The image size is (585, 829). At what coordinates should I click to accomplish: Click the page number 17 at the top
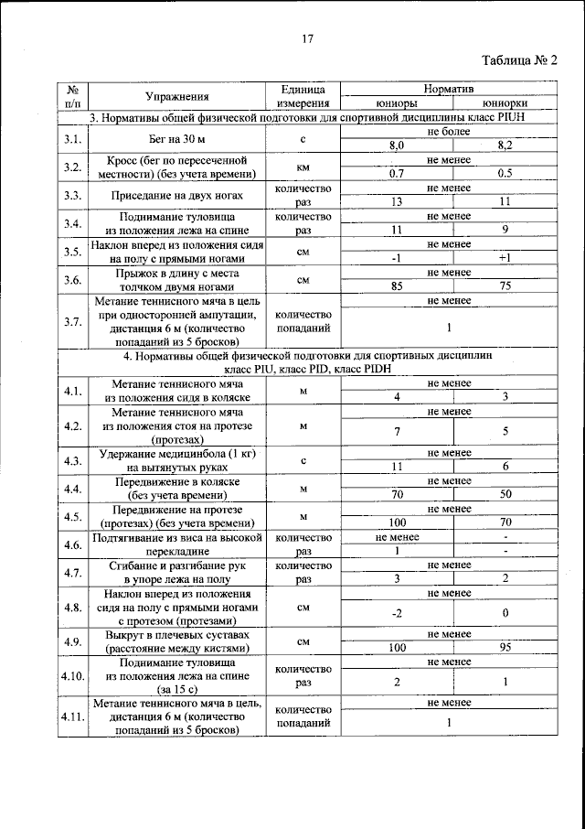click(x=307, y=38)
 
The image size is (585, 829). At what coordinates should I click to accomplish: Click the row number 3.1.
click(x=73, y=139)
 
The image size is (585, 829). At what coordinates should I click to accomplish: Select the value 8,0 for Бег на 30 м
click(x=397, y=145)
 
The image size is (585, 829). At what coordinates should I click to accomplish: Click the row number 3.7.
click(x=73, y=321)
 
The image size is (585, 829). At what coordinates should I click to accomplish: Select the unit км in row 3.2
click(x=303, y=167)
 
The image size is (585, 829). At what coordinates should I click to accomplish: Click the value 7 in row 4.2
click(x=397, y=431)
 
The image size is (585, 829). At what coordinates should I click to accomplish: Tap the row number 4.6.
click(x=73, y=544)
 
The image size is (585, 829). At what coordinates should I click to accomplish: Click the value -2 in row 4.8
click(x=397, y=612)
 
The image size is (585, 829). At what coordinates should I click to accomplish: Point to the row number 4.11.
click(x=73, y=716)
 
